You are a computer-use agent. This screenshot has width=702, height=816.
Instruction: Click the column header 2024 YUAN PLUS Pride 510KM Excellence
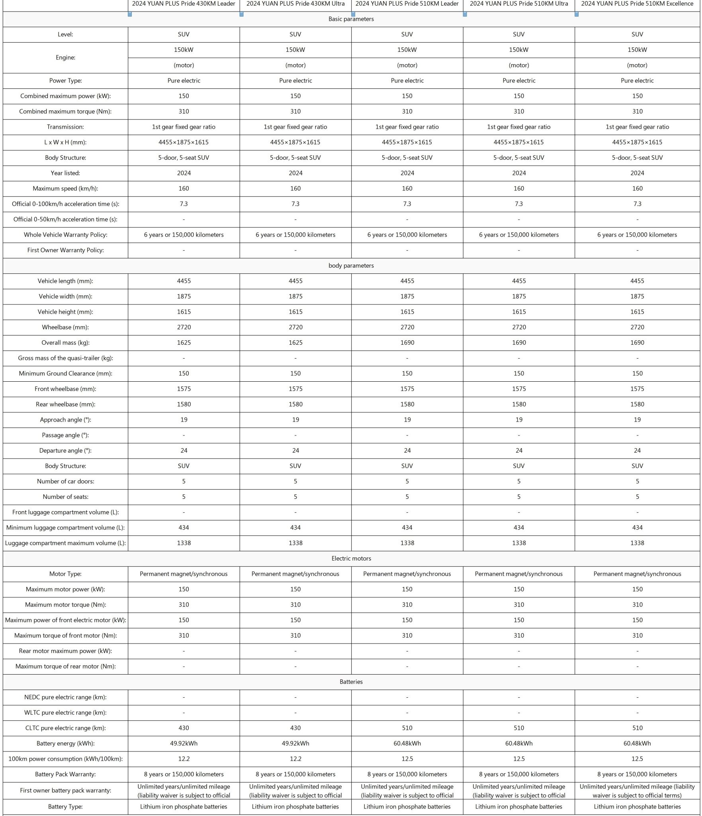pos(637,4)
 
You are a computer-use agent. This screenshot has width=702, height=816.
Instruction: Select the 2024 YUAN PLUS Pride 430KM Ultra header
pos(295,4)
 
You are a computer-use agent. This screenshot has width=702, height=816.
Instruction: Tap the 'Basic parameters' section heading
pos(351,19)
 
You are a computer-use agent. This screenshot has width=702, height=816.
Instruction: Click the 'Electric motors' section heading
pos(351,558)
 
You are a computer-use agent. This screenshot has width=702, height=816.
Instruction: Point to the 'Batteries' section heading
pos(351,682)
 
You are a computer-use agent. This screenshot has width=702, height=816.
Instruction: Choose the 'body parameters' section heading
pos(351,265)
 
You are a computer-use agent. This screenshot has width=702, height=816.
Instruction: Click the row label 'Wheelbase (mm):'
pos(65,327)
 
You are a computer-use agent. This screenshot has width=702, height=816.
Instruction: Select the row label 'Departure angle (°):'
pos(65,450)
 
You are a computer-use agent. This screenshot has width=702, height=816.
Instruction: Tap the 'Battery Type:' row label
pos(65,806)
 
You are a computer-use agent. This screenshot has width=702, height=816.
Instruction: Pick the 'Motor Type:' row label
pos(65,574)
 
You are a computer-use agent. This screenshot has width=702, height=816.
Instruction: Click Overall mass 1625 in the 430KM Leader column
pos(184,343)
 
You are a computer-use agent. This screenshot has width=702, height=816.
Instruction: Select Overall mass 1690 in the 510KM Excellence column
pos(637,343)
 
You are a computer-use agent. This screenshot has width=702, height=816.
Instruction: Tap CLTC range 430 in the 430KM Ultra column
pos(295,728)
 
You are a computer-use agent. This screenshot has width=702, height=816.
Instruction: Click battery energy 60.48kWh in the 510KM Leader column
pos(407,743)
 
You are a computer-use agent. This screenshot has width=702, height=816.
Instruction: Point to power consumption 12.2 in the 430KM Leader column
pos(184,759)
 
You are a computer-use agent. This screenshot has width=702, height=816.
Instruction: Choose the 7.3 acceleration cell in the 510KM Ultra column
pos(519,204)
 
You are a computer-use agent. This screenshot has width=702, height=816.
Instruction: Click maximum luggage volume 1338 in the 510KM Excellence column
pos(637,543)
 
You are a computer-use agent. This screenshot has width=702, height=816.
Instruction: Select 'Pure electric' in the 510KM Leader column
pos(407,80)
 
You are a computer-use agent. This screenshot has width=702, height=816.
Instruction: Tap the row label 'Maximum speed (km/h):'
pos(65,188)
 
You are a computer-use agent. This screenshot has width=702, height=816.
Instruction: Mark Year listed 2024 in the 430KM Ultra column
pos(295,173)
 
